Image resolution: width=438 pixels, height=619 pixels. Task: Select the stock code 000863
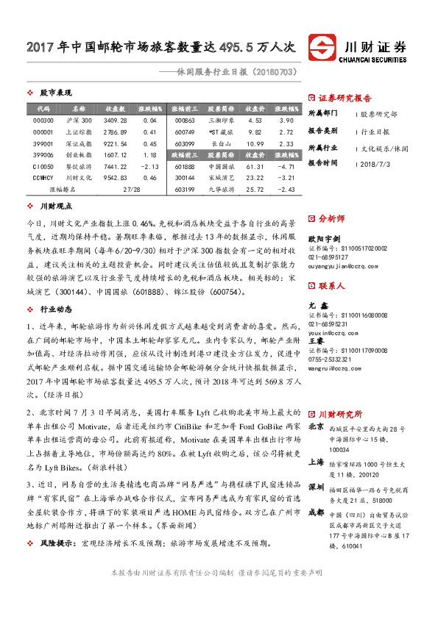pos(186,120)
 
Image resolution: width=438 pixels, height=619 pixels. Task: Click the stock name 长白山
pos(222,143)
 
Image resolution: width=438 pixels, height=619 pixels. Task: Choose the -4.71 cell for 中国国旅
pos(287,167)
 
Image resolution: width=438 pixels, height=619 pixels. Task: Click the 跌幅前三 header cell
pos(186,155)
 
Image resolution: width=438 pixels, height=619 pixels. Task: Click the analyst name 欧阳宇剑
pos(325,239)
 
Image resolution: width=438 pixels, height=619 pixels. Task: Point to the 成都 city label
pos(316,512)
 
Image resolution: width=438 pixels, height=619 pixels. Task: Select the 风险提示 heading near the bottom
pos(57,543)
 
